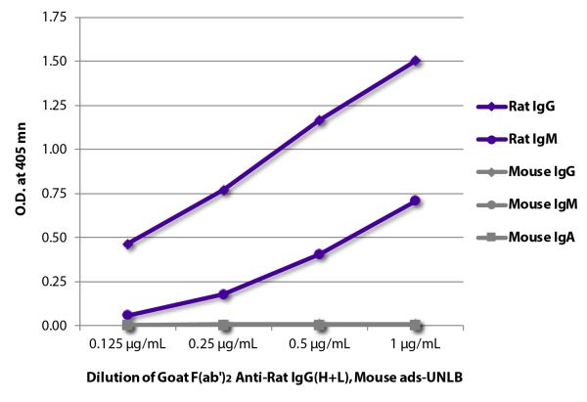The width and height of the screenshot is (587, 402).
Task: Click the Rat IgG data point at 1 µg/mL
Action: pos(416,61)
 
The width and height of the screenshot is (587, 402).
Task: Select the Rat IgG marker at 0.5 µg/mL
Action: pos(320,120)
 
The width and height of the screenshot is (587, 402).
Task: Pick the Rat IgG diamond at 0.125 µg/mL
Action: pos(128,244)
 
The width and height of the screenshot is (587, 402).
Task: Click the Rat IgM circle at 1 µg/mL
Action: pos(416,201)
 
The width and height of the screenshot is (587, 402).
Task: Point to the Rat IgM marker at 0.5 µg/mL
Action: pos(320,253)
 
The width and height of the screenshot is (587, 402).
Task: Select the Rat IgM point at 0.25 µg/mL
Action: pos(224,293)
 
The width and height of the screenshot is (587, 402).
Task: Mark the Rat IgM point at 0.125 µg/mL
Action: pos(128,315)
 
